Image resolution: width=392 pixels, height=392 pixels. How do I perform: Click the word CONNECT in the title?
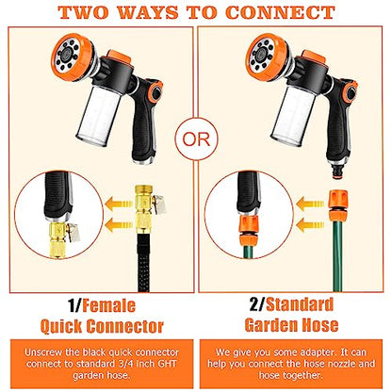click(x=280, y=12)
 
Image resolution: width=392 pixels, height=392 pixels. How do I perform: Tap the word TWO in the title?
click(x=84, y=12)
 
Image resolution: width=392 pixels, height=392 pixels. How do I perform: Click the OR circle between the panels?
click(x=196, y=139)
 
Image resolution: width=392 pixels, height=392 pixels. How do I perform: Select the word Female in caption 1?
click(x=108, y=305)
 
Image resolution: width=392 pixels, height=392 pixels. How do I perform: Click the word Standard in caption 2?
click(x=300, y=304)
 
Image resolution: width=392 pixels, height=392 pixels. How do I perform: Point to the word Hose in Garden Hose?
click(x=317, y=325)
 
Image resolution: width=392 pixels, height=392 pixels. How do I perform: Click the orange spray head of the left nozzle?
click(x=73, y=57)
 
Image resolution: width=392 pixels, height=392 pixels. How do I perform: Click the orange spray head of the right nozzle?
click(x=268, y=57)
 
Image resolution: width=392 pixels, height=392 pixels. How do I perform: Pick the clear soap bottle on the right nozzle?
click(x=293, y=115)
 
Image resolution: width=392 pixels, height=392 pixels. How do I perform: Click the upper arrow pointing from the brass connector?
click(x=119, y=204)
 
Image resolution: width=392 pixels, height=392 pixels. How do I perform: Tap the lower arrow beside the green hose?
click(x=310, y=225)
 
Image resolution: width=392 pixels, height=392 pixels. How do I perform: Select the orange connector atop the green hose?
click(x=337, y=205)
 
